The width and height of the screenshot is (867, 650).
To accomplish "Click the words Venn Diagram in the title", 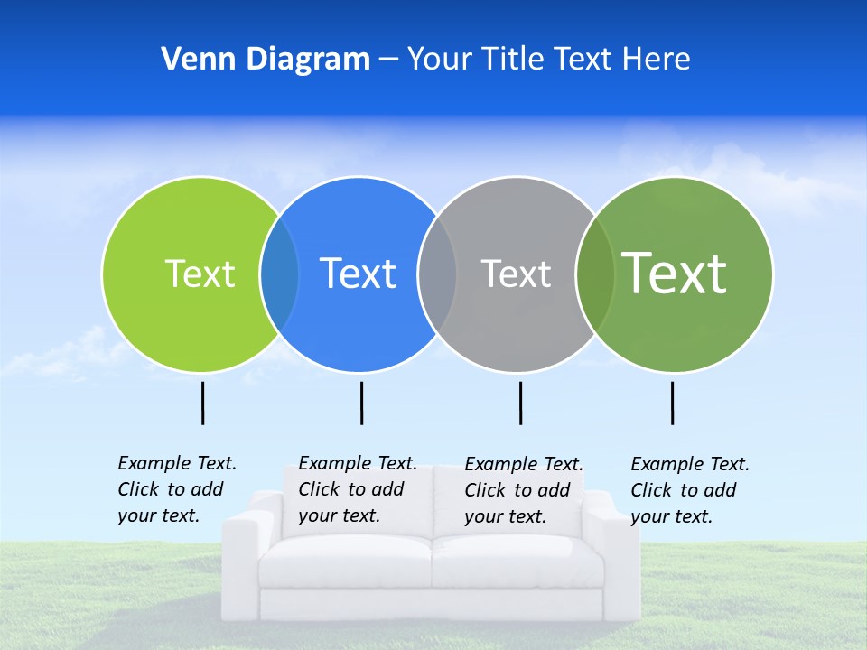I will pyautogui.click(x=266, y=60).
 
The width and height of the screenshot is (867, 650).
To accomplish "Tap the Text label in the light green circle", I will pyautogui.click(x=200, y=274).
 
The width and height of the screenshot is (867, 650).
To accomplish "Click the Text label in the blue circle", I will pyautogui.click(x=358, y=274).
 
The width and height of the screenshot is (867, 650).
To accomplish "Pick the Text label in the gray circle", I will pyautogui.click(x=516, y=274).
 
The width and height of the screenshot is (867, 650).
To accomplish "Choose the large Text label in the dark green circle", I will pyautogui.click(x=675, y=274).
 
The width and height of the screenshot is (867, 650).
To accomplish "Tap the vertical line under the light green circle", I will pyautogui.click(x=202, y=403).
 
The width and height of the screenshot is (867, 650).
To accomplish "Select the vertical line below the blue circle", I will pyautogui.click(x=361, y=403).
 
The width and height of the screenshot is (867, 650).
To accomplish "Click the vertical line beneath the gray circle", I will pyautogui.click(x=520, y=403).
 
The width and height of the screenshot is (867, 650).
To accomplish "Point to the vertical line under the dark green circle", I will pyautogui.click(x=672, y=403).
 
